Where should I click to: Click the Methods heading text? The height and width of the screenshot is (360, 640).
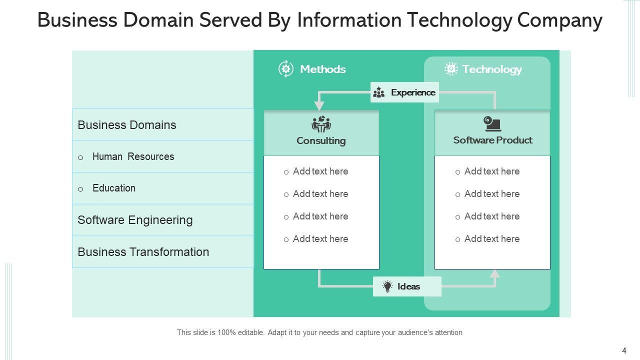(322, 69)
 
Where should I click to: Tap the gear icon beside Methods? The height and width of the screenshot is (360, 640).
(285, 69)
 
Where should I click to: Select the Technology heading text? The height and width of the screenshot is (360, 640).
(492, 69)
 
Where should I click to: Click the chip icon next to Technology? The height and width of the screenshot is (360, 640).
(451, 69)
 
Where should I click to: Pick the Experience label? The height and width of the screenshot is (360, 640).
(413, 92)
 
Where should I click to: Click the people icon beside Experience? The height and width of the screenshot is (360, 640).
(379, 92)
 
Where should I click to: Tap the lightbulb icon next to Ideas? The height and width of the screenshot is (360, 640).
(387, 286)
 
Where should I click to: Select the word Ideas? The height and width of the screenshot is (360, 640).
(408, 286)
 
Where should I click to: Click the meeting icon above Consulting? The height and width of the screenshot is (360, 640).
(321, 124)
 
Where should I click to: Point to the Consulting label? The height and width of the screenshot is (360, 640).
(321, 140)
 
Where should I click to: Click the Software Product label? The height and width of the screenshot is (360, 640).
(492, 140)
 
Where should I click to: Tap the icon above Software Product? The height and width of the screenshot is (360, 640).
(492, 123)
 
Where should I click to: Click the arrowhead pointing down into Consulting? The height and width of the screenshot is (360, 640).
(319, 106)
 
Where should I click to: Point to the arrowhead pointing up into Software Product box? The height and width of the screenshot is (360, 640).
(494, 273)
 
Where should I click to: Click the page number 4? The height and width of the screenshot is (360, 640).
(624, 351)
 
